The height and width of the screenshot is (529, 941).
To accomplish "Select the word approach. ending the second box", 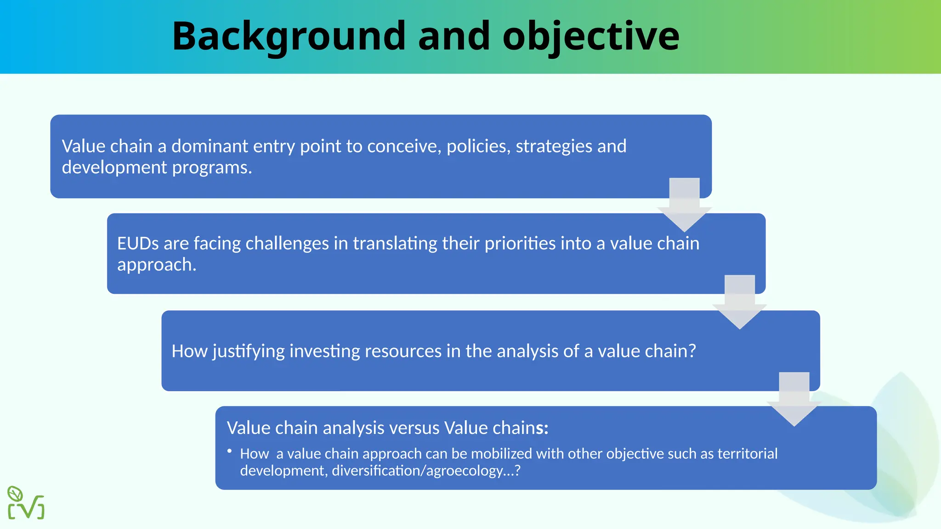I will [157, 265].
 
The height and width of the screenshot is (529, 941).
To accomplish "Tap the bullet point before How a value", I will [229, 452].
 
